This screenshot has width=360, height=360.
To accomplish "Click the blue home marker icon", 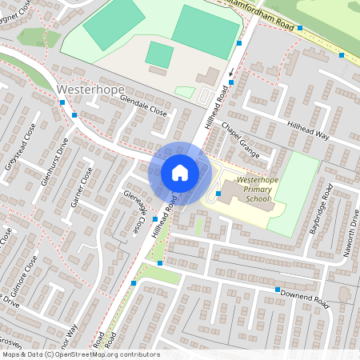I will [180, 173].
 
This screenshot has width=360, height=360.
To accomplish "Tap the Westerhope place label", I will [90, 89].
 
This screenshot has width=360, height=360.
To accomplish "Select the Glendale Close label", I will [146, 108].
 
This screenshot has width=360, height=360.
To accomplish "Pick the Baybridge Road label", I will [320, 209].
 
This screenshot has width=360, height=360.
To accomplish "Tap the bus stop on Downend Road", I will [277, 290].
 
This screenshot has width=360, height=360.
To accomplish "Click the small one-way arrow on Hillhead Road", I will [231, 73].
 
